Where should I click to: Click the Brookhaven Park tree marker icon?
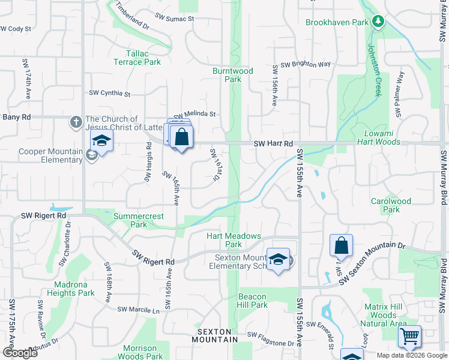point(378,22)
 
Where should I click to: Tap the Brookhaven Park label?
point(336,22)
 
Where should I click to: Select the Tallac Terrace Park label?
point(137,58)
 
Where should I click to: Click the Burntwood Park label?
point(234,75)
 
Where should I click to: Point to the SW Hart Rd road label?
point(273,144)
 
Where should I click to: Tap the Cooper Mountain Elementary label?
point(50,155)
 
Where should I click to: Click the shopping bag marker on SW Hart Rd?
point(181,137)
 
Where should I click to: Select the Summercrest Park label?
point(130,220)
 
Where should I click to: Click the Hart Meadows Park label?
point(234,240)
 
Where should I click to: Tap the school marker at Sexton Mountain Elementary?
point(278,259)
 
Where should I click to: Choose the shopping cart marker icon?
point(409,337)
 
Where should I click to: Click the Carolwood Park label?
point(391,206)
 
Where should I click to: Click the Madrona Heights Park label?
point(74,289)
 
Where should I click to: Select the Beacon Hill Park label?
point(252,301)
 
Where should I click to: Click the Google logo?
point(19,353)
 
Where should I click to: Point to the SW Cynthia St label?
point(109,93)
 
